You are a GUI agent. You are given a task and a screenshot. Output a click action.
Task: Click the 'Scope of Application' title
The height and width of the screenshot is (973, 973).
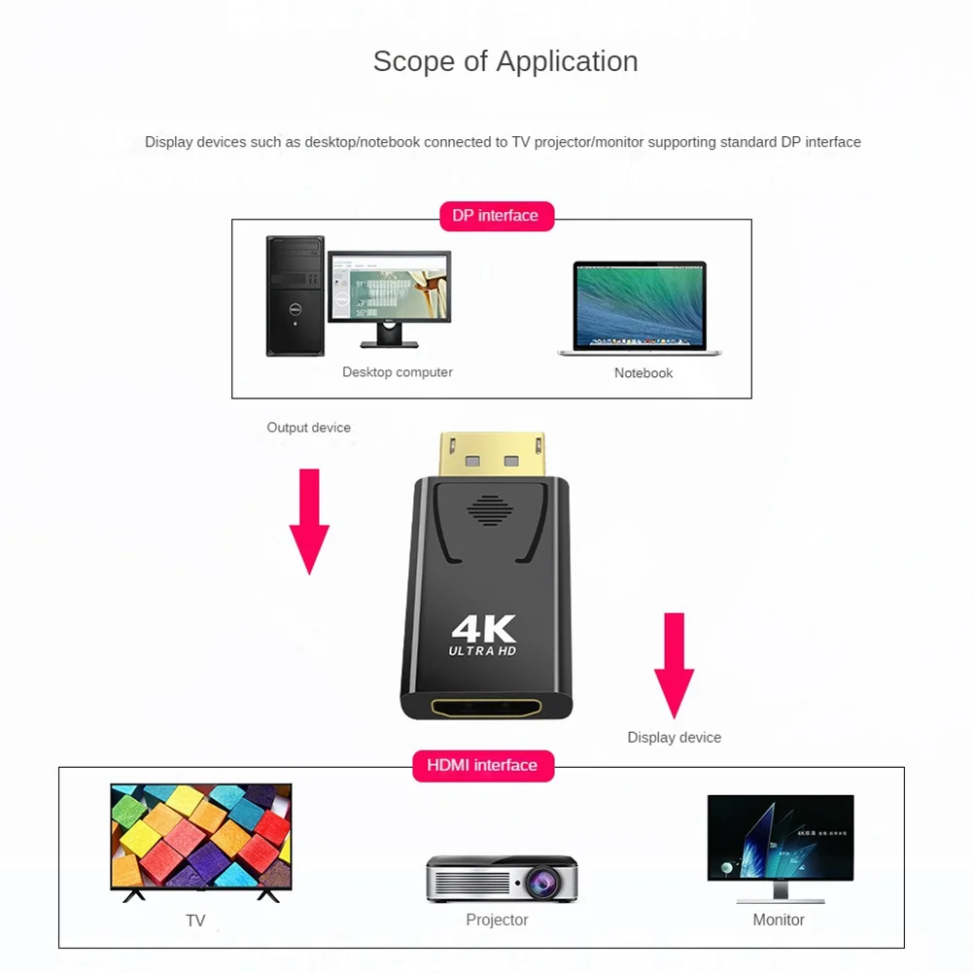click(505, 61)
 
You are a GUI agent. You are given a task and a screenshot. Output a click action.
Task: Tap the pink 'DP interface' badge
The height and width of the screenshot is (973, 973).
click(496, 216)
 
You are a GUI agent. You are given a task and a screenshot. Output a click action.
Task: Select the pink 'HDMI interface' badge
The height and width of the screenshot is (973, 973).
click(482, 765)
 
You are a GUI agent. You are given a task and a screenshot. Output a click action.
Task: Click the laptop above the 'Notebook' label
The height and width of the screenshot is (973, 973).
click(640, 307)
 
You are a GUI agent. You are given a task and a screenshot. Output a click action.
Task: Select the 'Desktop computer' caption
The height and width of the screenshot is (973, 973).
click(397, 372)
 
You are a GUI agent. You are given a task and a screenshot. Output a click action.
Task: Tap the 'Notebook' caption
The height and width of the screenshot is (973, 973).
click(643, 373)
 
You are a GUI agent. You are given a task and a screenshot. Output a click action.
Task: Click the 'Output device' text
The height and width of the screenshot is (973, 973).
click(308, 428)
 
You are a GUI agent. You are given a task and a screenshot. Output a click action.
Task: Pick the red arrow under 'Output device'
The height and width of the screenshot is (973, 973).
click(309, 520)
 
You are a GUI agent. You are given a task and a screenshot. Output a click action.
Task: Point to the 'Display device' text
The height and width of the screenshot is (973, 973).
click(674, 738)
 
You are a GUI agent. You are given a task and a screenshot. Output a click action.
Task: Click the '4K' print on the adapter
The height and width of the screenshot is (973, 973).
click(483, 628)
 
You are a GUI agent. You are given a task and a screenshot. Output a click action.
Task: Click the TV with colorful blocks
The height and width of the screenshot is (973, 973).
click(201, 837)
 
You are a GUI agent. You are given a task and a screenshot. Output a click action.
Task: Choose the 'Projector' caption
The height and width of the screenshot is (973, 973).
click(497, 920)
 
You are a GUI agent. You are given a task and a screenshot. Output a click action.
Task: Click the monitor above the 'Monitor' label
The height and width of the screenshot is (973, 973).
click(780, 842)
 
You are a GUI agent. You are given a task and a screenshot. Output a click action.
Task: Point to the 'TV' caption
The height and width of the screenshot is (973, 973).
click(195, 921)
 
